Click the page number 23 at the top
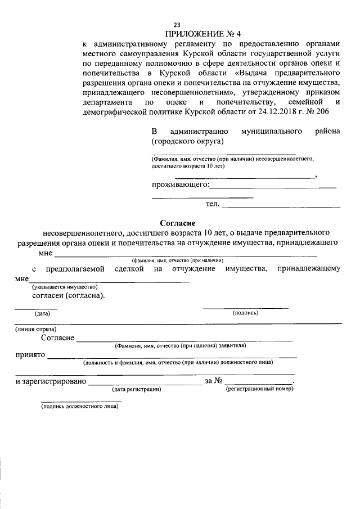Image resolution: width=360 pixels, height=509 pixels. (x=177, y=25)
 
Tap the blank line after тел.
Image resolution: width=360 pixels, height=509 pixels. (x=281, y=207)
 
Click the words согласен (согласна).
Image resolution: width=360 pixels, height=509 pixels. (x=68, y=295)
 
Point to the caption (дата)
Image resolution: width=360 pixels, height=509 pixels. (x=42, y=313)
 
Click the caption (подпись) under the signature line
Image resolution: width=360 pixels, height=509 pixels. (x=245, y=313)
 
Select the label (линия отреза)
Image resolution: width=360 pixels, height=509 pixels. (x=35, y=328)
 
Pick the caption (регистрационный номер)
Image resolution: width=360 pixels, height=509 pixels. (x=259, y=389)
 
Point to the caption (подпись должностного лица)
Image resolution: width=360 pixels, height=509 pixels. (x=79, y=407)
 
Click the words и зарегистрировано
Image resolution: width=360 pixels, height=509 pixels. (x=50, y=381)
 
